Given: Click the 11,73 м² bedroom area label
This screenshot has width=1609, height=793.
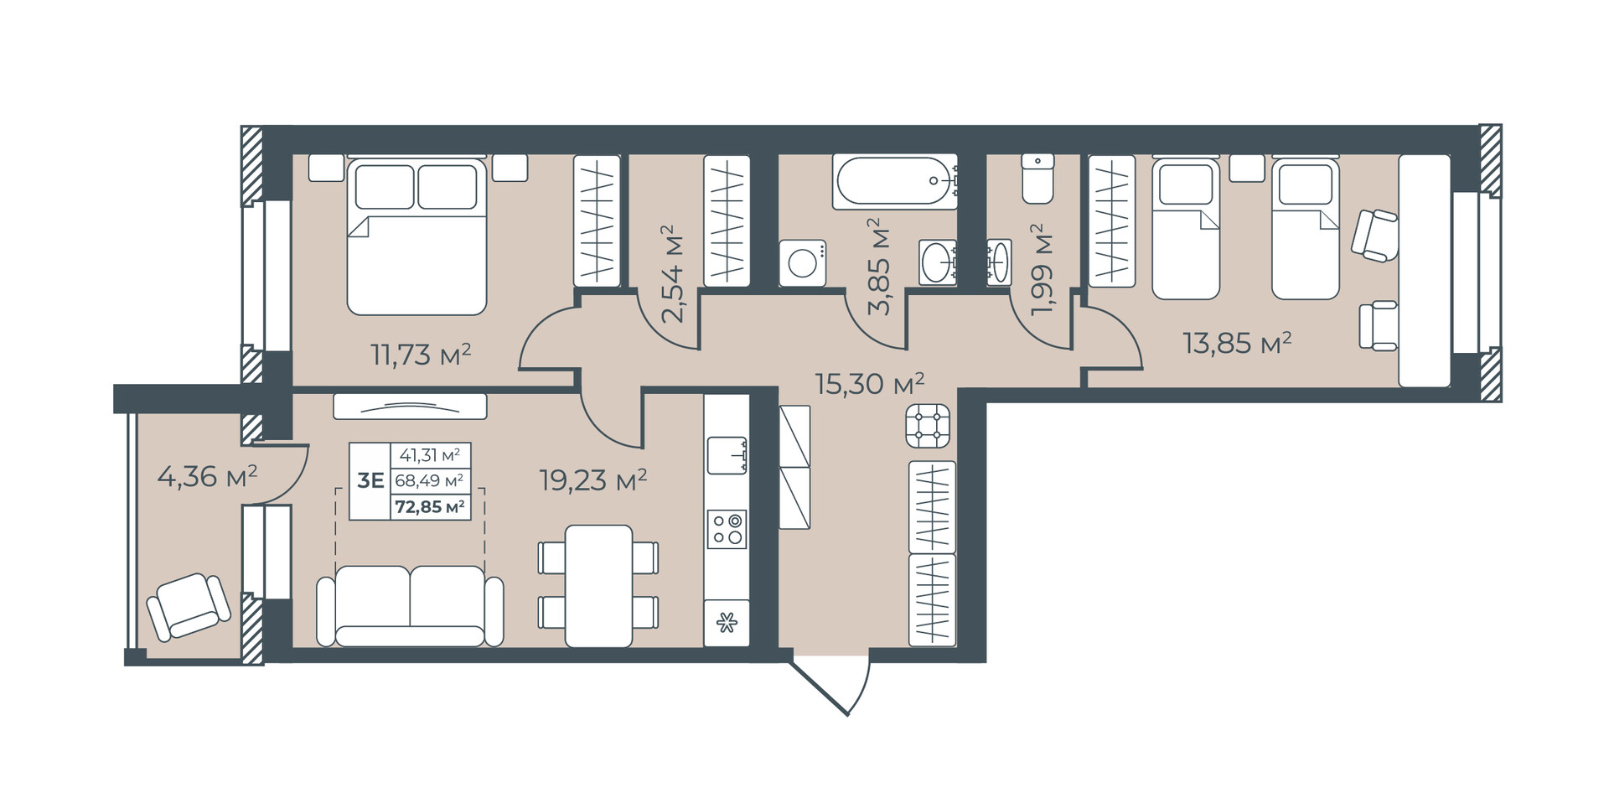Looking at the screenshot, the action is click(x=421, y=355).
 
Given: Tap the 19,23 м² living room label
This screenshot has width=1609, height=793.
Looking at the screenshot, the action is click(x=593, y=479).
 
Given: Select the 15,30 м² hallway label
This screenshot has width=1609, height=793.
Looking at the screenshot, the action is click(x=870, y=383).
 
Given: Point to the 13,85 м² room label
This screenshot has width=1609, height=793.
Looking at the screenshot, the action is click(x=1237, y=342).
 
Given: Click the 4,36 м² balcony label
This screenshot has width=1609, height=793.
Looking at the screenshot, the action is click(x=207, y=476).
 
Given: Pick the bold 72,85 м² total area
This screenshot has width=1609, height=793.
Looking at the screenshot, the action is click(x=430, y=506).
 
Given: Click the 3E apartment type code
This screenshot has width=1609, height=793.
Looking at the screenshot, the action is click(x=370, y=480).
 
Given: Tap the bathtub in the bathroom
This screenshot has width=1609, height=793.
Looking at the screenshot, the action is click(x=895, y=181).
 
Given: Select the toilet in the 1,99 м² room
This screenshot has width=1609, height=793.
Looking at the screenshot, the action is click(x=1037, y=179).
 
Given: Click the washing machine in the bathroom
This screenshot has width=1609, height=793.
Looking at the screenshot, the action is click(x=803, y=263).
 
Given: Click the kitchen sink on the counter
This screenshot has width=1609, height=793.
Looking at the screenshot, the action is click(x=727, y=455).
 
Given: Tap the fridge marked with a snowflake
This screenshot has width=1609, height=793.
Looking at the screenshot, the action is click(x=727, y=623).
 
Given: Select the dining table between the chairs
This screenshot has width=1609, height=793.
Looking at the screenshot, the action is click(x=598, y=586).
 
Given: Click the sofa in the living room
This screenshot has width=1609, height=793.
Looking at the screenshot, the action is click(x=410, y=605).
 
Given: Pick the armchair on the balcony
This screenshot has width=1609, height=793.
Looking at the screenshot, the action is click(x=189, y=606).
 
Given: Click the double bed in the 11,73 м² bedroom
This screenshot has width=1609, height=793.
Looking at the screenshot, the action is click(x=416, y=236).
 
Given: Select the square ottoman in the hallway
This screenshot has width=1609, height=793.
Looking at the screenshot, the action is click(x=928, y=425).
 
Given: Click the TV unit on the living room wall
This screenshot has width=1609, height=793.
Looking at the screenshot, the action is click(x=410, y=406).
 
